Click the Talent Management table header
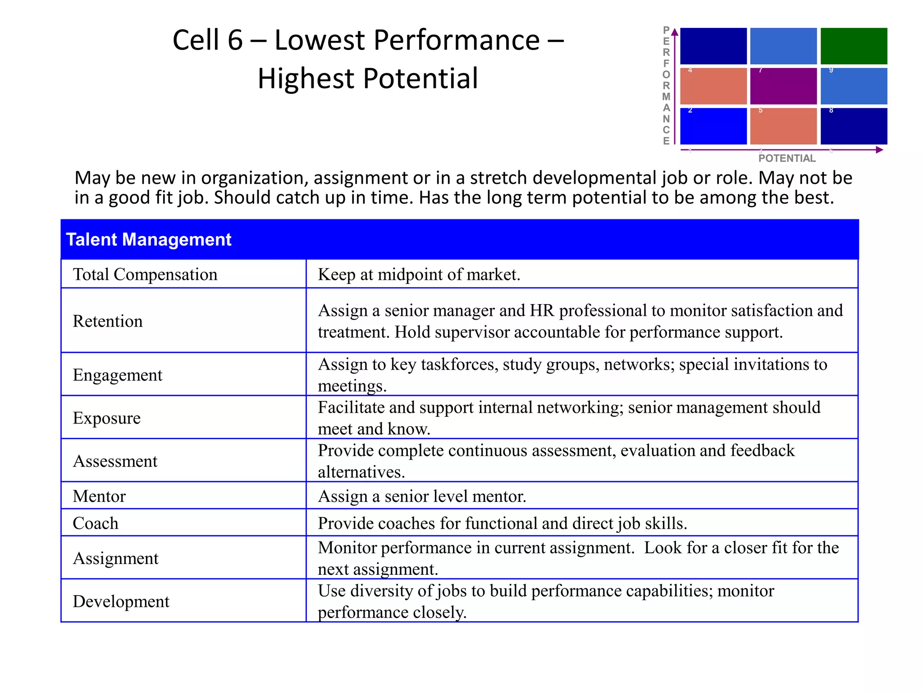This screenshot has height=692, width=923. (149, 240)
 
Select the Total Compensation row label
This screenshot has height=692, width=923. (145, 274)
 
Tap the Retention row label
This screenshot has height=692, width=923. (108, 321)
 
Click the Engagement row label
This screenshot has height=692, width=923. (117, 375)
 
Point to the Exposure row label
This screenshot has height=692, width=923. (106, 418)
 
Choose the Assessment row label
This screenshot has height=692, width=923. (115, 461)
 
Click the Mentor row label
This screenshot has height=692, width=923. (99, 496)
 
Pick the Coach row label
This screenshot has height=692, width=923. (96, 524)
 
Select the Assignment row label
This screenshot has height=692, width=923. (115, 559)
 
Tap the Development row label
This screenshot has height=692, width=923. (121, 602)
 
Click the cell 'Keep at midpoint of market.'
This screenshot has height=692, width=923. (419, 274)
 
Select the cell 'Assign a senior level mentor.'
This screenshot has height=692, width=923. (422, 496)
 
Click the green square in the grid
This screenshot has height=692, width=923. (853, 46)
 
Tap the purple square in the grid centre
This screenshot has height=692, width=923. (783, 86)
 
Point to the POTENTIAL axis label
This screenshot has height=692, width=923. (787, 158)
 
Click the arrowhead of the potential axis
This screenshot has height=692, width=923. (879, 150)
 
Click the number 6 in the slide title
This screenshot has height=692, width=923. (235, 40)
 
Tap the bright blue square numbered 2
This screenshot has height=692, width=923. (713, 126)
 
